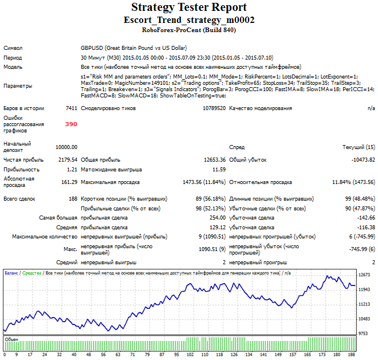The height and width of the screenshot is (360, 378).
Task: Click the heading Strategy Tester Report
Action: coord(189,8)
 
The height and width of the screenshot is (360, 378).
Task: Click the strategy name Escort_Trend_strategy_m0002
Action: coord(189,20)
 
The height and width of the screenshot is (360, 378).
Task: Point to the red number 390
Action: coord(71,124)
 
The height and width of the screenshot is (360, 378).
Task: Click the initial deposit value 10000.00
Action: coord(66,147)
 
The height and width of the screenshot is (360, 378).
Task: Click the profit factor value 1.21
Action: coord(72,170)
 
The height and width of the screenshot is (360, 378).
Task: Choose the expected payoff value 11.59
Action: coord(219,170)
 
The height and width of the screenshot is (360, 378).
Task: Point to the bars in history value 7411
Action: coord(71,108)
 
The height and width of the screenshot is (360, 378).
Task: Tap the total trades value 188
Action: coord(72,199)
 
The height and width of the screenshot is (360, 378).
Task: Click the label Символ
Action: coord(13,48)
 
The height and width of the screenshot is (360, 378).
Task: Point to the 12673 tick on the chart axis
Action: coord(364,275)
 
